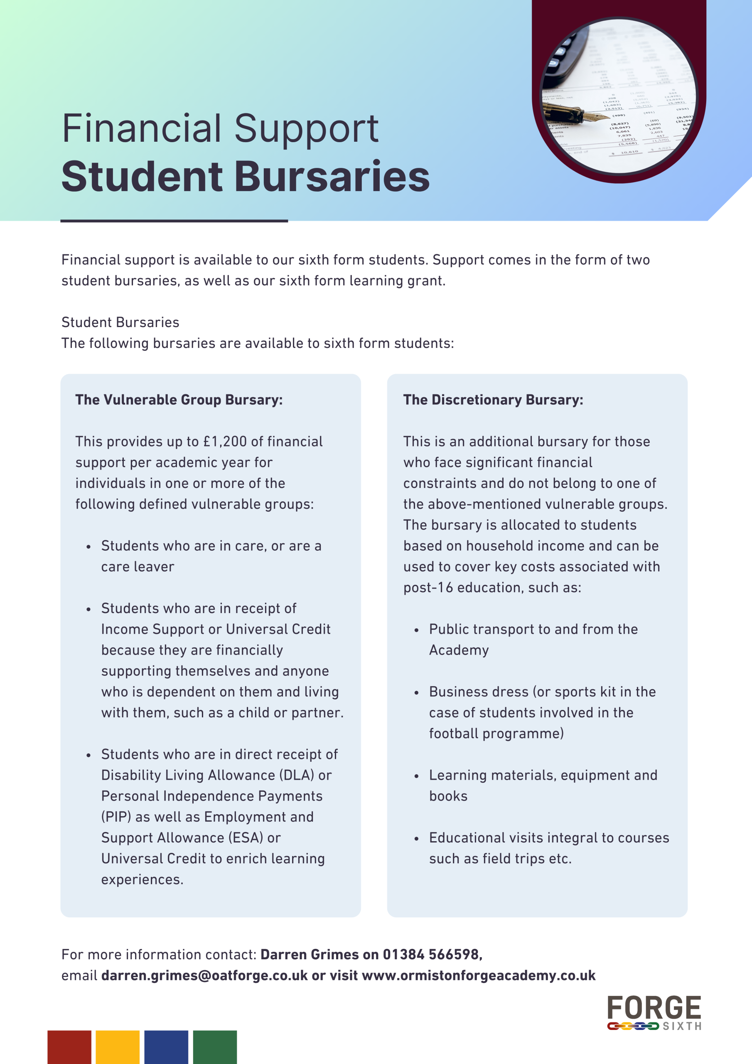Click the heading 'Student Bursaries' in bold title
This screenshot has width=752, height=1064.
pos(246,177)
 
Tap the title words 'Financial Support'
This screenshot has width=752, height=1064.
pos(220,128)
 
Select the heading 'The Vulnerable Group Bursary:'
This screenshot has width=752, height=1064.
pos(179,400)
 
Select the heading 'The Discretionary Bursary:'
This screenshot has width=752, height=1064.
pos(493,400)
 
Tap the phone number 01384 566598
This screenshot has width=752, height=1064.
pos(432,955)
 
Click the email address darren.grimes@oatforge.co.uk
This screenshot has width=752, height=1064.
pos(204,975)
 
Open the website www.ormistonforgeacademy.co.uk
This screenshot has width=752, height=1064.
pos(479,975)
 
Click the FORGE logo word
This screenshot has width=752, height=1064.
pos(654,1008)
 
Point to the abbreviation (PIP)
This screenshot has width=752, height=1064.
pos(116,817)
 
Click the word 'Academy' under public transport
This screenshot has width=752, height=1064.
pos(459,650)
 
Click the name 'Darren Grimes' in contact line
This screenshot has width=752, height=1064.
pos(309,955)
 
